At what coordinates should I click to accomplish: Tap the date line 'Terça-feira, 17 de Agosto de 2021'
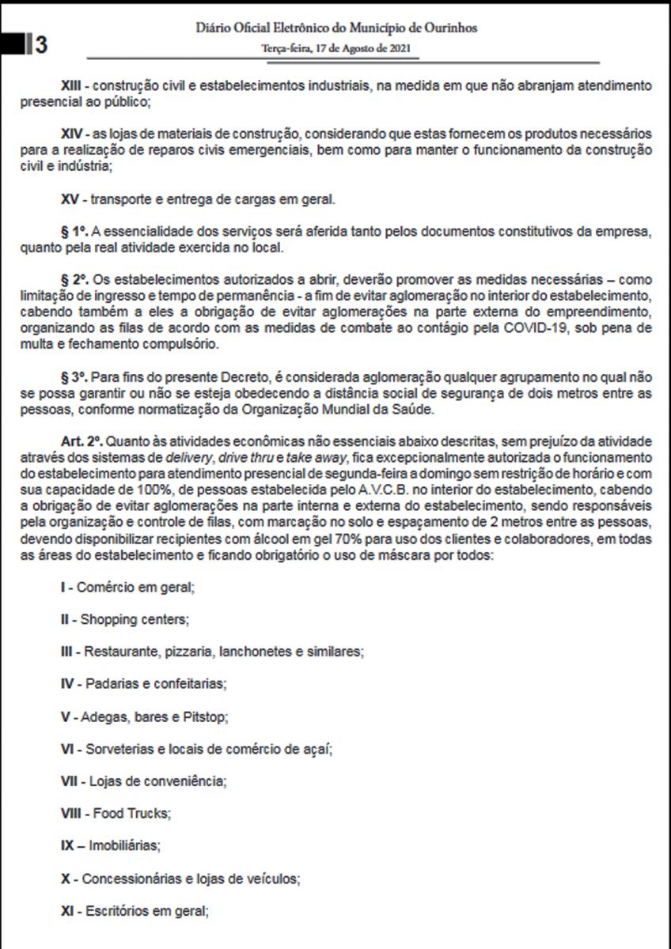pos(335,49)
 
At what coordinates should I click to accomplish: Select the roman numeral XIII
pos(74,84)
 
